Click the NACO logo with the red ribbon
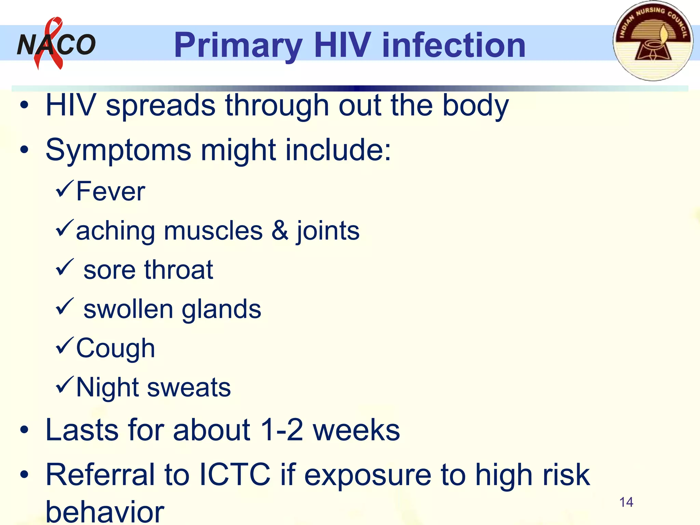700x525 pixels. pyautogui.click(x=56, y=44)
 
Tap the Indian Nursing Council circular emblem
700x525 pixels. pyautogui.click(x=653, y=41)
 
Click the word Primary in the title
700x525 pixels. pyautogui.click(x=238, y=45)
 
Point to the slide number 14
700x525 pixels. pyautogui.click(x=626, y=502)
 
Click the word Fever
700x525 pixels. pyautogui.click(x=110, y=191)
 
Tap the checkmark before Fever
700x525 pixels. pyautogui.click(x=64, y=188)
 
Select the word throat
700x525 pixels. pyautogui.click(x=178, y=270)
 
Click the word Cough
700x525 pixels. pyautogui.click(x=116, y=348)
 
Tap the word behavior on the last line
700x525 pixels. pyautogui.click(x=105, y=512)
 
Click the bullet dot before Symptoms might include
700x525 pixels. pyautogui.click(x=24, y=149)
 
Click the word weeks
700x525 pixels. pyautogui.click(x=356, y=430)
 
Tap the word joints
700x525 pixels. pyautogui.click(x=328, y=231)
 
